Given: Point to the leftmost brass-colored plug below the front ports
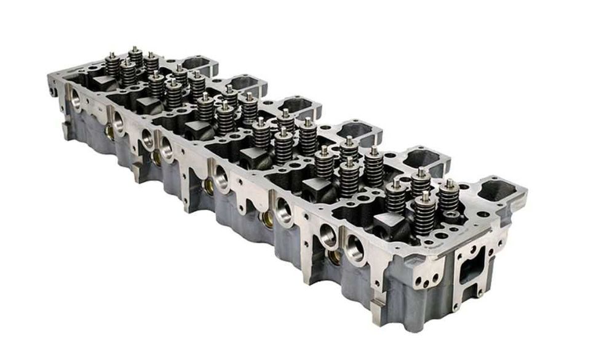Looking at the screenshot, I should pos(109,130).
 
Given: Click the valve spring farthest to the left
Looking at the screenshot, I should pos(111,65).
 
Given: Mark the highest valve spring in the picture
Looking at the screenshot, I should pos(135,57).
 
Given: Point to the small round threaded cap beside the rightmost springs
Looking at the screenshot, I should pos(454,215).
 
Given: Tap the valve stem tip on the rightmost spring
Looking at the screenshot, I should pos(450,182).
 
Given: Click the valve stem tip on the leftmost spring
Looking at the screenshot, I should pos(112,55).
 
